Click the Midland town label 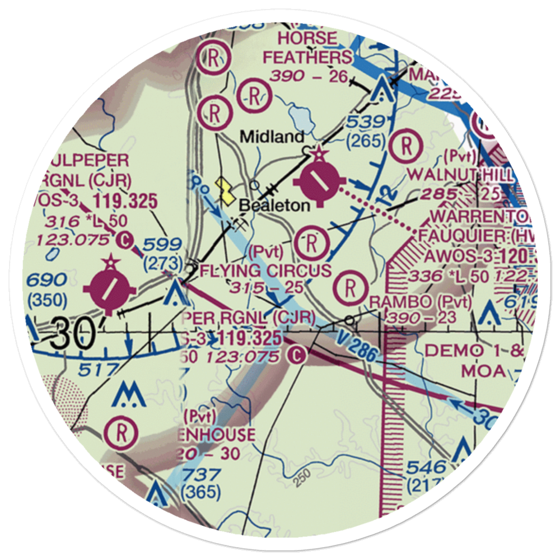coord(272,137)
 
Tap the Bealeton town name coord(274,206)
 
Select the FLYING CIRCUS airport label coord(265,271)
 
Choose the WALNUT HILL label coord(459,174)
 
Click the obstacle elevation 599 coord(162,244)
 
